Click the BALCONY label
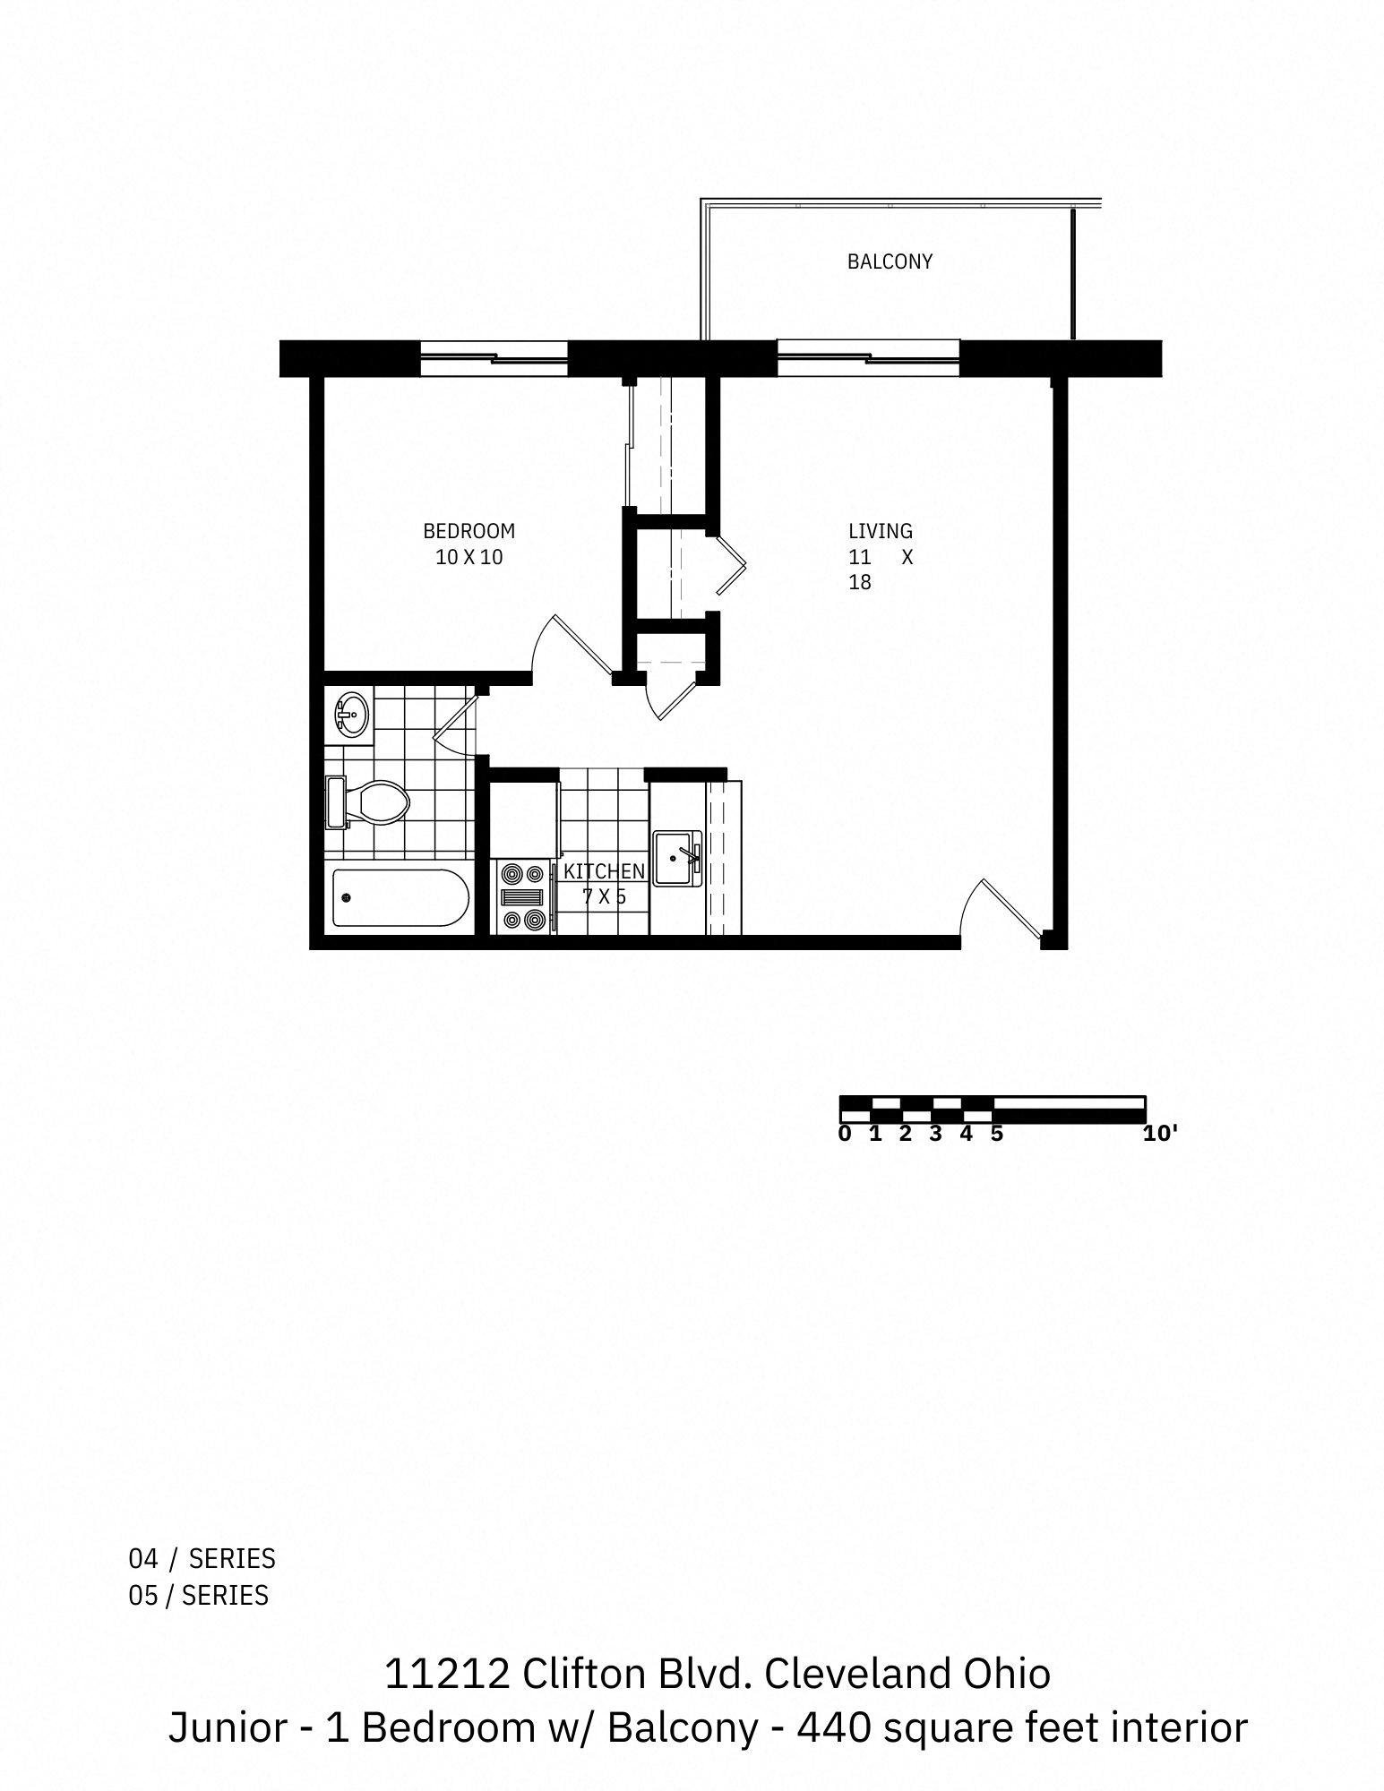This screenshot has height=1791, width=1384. coord(890,261)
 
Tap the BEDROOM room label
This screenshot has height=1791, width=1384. coord(468,531)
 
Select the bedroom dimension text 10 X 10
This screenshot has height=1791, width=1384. coord(468,557)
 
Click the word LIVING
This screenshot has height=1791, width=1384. coord(880,531)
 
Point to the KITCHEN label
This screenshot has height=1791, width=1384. coord(604,871)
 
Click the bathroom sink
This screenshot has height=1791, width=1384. coord(353,715)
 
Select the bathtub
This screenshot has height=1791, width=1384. coord(400,898)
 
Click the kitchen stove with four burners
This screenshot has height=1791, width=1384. coord(523,897)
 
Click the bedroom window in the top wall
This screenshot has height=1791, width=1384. coord(494,359)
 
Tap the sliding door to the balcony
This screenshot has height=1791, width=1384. coord(867,359)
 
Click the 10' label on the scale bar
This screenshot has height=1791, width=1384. coord(1159,1134)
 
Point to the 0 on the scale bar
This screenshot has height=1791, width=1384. coord(845,1134)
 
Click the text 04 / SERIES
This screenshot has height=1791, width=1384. coord(202,1559)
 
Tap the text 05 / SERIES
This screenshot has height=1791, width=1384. coord(199,1595)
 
